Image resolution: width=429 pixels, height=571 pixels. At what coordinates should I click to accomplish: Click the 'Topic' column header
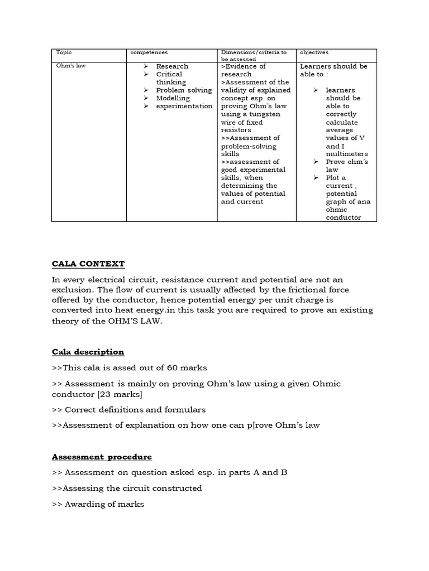pyautogui.click(x=64, y=52)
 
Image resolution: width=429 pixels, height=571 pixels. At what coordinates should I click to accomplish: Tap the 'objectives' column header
pyautogui.click(x=314, y=52)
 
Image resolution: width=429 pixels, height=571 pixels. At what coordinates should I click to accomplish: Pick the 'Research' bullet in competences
pyautogui.click(x=172, y=66)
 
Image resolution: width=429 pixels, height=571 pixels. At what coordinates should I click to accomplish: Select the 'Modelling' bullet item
pyautogui.click(x=173, y=98)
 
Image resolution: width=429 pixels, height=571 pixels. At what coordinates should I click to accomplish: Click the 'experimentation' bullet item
pyautogui.click(x=184, y=105)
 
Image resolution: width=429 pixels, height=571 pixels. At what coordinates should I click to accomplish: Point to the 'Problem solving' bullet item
pyautogui.click(x=184, y=90)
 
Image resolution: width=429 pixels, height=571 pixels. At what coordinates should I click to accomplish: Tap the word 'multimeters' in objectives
pyautogui.click(x=347, y=153)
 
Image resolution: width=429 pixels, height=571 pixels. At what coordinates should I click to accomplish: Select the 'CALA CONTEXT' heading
pyautogui.click(x=88, y=263)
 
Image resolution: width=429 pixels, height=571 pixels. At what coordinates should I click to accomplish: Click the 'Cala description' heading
pyautogui.click(x=88, y=352)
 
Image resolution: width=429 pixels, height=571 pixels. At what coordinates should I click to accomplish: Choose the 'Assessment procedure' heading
pyautogui.click(x=102, y=457)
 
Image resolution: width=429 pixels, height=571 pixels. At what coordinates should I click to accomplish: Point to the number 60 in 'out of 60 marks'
pyautogui.click(x=173, y=368)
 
